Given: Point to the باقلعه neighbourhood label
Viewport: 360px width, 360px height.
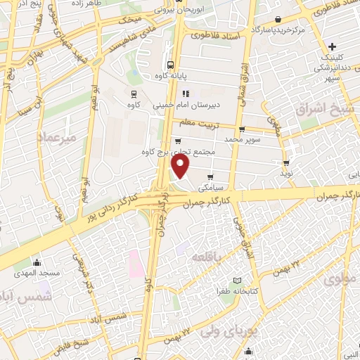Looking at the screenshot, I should tap(208, 257).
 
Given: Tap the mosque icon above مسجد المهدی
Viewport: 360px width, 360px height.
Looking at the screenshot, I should tap(37, 262).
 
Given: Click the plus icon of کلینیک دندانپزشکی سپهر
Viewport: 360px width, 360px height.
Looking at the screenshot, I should tap(352, 46).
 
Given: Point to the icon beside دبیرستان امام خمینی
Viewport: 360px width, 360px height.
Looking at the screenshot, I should tap(186, 94).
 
